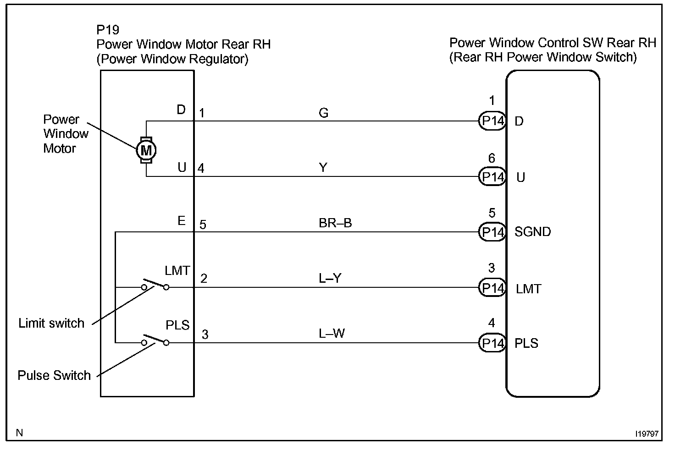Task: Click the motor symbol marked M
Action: [x=146, y=149]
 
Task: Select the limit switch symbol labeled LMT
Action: [x=155, y=285]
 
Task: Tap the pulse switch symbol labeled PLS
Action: [x=155, y=340]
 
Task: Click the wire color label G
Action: [x=323, y=113]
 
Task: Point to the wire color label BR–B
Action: [x=335, y=223]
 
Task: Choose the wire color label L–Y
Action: [x=330, y=278]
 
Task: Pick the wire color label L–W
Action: [x=332, y=334]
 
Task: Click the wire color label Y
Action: [x=323, y=168]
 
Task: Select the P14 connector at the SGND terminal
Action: [x=492, y=232]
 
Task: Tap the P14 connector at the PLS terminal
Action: [x=492, y=343]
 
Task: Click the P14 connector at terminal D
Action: [x=492, y=121]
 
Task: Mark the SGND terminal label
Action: [x=532, y=232]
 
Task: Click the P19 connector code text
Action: [x=108, y=30]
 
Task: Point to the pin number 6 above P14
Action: [x=492, y=159]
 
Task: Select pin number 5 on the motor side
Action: [x=203, y=225]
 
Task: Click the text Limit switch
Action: [x=51, y=324]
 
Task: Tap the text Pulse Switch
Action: [x=54, y=376]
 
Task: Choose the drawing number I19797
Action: [x=647, y=433]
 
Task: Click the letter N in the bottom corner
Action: [x=19, y=433]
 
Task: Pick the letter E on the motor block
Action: [x=182, y=221]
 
